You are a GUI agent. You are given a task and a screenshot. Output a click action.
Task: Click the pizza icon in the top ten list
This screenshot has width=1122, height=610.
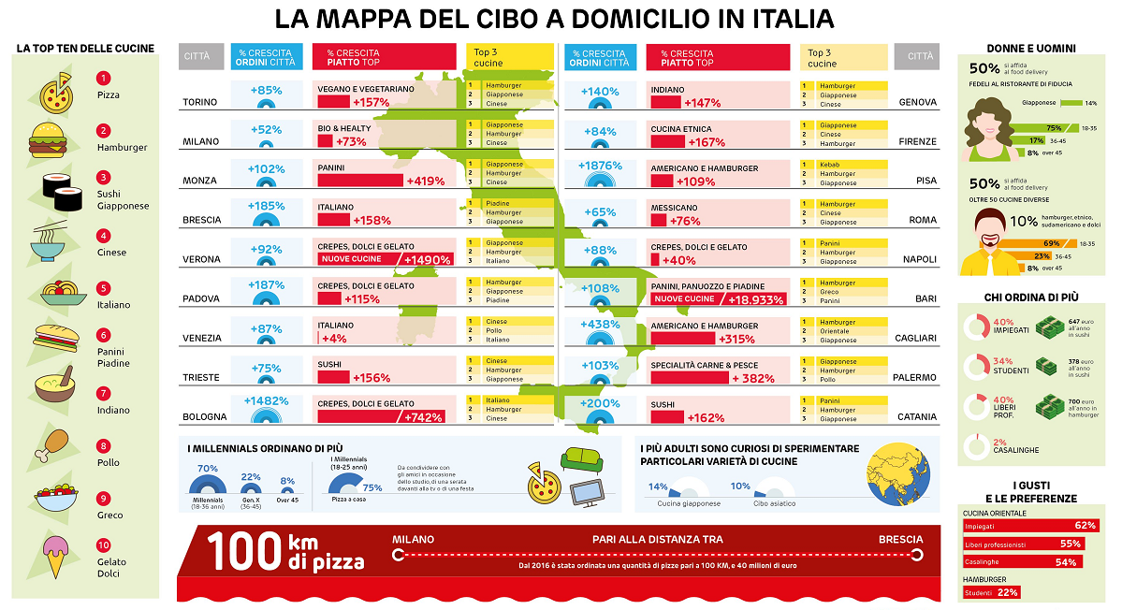56,91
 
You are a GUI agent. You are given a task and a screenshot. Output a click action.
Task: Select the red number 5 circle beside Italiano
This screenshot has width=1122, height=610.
103,289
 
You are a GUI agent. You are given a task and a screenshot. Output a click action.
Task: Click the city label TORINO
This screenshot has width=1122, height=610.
200,102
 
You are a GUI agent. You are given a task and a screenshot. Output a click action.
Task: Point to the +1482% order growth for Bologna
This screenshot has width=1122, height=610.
266,401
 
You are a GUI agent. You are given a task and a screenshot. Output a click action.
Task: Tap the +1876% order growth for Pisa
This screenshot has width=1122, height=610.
600,166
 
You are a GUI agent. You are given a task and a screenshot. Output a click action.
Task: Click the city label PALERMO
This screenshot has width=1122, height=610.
915,378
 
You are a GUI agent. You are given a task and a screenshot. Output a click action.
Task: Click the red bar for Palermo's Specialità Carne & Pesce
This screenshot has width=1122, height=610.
689,378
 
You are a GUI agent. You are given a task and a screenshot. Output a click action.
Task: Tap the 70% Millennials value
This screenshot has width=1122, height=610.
207,468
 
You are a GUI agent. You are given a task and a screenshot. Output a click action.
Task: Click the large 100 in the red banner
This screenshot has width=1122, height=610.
245,551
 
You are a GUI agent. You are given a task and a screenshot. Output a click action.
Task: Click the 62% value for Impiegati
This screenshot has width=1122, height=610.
1085,526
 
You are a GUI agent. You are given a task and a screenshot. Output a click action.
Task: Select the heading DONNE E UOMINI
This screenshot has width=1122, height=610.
1030,48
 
